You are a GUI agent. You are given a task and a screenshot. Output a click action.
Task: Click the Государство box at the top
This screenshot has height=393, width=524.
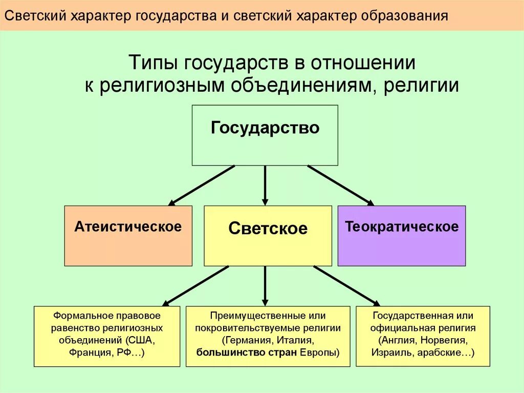point(265,135)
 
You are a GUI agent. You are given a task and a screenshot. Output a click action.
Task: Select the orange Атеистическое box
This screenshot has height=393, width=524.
point(128,235)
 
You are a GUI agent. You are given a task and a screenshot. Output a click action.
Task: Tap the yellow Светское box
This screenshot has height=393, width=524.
point(268,235)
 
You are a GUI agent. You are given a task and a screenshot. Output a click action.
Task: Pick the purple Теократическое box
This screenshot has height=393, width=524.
point(402,235)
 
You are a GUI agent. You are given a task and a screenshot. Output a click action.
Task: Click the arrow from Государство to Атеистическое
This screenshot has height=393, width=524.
point(202,185)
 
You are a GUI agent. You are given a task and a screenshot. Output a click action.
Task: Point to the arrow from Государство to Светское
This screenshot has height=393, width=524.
point(265,185)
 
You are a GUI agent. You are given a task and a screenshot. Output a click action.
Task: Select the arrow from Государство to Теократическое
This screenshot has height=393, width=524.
point(340,185)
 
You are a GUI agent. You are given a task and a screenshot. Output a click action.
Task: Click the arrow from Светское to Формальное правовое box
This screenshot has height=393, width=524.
point(195,285)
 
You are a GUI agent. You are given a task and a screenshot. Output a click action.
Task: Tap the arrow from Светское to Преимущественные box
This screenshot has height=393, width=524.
point(265,286)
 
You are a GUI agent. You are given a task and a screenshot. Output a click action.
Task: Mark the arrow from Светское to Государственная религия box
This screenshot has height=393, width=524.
point(346,285)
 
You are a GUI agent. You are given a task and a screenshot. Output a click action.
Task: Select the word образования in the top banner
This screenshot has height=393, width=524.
point(407,16)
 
